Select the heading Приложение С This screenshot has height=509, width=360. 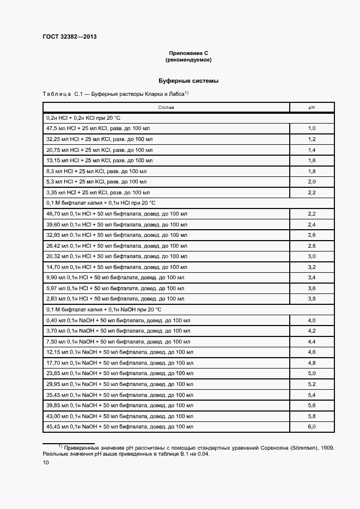tap(185, 53)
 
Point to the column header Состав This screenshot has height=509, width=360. tap(166, 108)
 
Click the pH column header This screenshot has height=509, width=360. tap(312, 108)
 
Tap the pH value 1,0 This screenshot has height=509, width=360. tap(312, 128)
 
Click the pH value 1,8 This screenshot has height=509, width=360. tap(312, 171)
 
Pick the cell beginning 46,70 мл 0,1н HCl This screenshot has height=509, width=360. tap(117, 214)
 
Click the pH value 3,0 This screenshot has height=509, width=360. tap(312, 256)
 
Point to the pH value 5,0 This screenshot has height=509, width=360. tap(312, 373)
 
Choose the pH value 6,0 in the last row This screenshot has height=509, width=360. tap(312, 426)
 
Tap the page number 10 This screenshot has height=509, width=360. tap(46, 463)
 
